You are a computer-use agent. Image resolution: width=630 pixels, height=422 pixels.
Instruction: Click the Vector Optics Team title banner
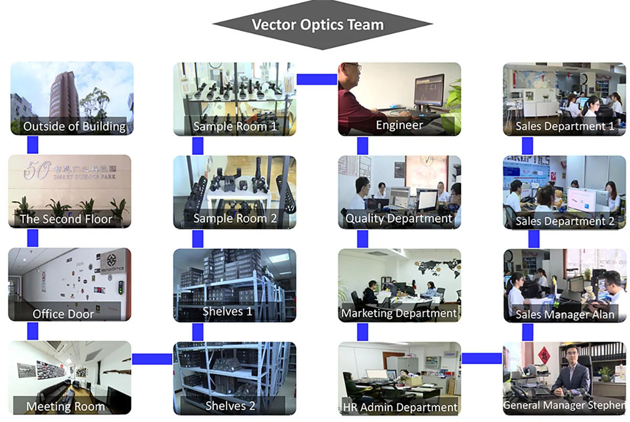(318, 25)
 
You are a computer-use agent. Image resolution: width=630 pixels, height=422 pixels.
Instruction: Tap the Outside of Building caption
(74, 126)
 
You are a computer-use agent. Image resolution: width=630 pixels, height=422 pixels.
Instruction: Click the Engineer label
(399, 125)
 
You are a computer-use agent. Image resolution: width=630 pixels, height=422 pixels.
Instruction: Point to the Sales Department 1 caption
(564, 126)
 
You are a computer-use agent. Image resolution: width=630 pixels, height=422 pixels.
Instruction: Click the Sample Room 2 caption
(235, 219)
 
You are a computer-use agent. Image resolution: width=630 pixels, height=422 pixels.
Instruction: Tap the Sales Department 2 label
(564, 221)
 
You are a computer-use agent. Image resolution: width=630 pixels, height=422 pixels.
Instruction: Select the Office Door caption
(63, 314)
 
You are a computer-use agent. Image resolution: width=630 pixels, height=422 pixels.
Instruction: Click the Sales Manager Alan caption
(564, 315)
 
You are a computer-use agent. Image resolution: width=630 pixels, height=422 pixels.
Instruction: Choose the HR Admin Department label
(400, 407)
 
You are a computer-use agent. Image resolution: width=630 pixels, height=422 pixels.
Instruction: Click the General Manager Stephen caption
(564, 405)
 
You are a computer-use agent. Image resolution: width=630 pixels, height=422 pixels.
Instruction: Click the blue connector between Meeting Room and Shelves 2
(152, 359)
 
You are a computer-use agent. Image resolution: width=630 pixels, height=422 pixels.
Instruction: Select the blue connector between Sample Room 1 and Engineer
(317, 79)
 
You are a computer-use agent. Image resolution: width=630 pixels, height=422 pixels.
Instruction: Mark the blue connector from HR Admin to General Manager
(482, 358)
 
